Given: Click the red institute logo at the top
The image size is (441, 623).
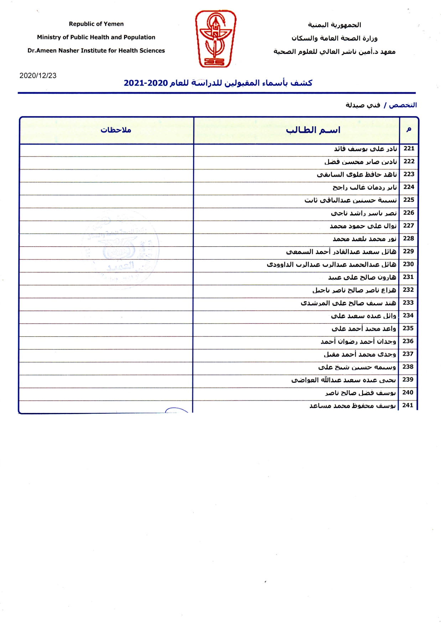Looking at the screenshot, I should point(216,39).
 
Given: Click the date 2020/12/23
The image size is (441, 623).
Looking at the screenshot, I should point(38,75).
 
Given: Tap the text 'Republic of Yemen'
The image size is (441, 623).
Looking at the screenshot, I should point(96,24).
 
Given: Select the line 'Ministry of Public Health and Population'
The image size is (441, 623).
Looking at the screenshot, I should point(96,37).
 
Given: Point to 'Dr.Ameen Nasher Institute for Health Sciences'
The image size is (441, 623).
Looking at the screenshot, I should point(96,51).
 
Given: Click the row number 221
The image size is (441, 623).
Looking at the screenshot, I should point(409,148).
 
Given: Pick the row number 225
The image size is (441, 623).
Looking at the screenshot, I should point(409,200).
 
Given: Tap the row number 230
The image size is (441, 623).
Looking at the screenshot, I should point(408,264).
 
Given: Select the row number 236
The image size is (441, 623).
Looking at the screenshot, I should point(408,341).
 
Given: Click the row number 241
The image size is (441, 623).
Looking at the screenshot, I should point(408,405).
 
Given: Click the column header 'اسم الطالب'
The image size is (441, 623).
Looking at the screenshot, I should point(313,130).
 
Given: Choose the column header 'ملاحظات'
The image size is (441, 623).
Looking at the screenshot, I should point(116,130).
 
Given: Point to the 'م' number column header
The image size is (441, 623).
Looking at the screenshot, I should point(409,130).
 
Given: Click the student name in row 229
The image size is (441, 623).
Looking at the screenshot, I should point(341,252).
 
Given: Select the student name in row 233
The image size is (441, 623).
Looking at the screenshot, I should point(348,303).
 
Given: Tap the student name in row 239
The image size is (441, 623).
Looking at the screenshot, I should point(343,380).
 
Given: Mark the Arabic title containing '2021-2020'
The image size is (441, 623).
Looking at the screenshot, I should point(218,83).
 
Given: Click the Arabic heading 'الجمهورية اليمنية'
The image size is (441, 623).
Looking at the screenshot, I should point(334,25).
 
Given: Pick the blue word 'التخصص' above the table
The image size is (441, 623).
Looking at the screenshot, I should point(403,105).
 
